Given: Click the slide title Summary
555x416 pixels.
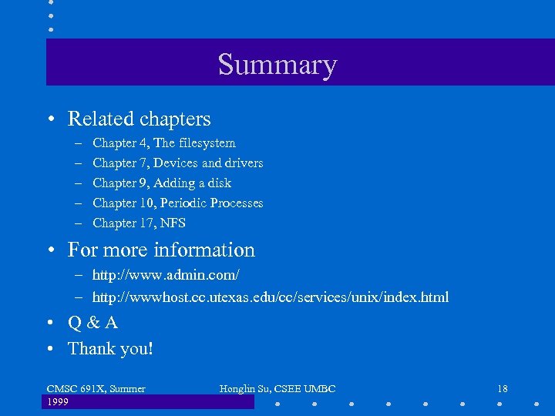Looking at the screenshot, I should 277,64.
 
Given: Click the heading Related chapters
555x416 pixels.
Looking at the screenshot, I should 139,119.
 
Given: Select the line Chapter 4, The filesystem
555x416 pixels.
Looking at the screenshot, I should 163,143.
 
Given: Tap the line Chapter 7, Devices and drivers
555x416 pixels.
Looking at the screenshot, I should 177,163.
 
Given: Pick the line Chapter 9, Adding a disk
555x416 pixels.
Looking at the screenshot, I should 161,183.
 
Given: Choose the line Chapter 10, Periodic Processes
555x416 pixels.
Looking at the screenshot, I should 177,203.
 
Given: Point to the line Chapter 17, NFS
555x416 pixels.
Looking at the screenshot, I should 139,223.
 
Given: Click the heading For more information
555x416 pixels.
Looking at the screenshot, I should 161,250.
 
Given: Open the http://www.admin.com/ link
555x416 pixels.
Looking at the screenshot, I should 166,274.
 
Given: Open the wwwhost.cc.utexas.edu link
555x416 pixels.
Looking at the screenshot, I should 270,297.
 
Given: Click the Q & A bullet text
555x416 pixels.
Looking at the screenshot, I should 92,323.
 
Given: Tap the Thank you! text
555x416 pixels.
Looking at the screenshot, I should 110,348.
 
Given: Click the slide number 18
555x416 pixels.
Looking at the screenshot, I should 502,389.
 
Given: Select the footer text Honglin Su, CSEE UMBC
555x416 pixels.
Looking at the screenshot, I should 277,389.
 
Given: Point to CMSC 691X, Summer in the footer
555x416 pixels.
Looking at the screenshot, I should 96,389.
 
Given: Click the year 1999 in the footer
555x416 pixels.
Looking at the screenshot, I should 59,402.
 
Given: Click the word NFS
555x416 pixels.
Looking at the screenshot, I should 173,223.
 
